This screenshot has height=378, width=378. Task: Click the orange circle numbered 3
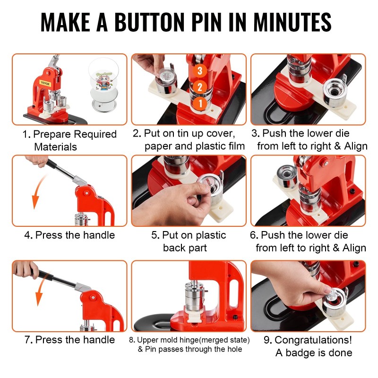click(199, 70)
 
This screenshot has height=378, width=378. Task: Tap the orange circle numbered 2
click(199, 87)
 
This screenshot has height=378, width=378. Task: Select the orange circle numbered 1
click(199, 103)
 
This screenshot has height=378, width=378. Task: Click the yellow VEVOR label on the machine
click(45, 84)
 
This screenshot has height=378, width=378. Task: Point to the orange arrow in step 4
click(39, 190)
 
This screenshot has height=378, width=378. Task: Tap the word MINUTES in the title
click(292, 22)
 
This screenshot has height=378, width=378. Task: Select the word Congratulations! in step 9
click(313, 340)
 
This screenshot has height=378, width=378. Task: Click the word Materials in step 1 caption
click(55, 147)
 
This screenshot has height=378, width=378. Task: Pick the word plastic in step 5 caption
click(211, 235)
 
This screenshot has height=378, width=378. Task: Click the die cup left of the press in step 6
click(287, 176)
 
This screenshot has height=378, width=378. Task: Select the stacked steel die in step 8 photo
click(194, 297)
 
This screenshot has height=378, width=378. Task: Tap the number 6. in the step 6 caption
click(254, 235)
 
